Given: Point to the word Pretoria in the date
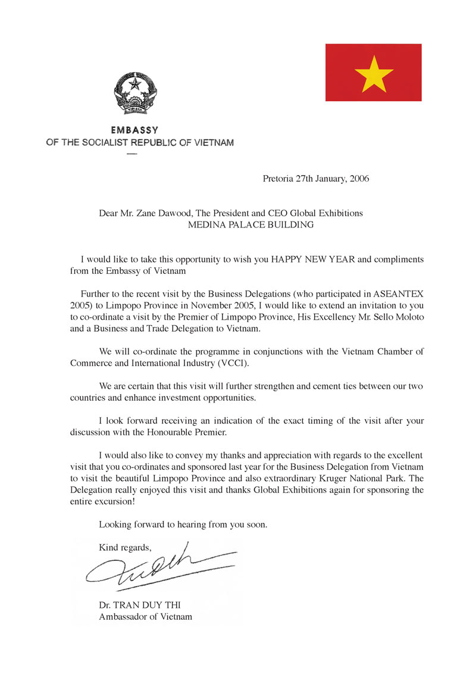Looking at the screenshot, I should pyautogui.click(x=278, y=179).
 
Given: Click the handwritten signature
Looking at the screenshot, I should pyautogui.click(x=157, y=566).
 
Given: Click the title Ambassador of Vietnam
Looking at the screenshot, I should pyautogui.click(x=145, y=617).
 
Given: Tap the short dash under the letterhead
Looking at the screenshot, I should pyautogui.click(x=132, y=154).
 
